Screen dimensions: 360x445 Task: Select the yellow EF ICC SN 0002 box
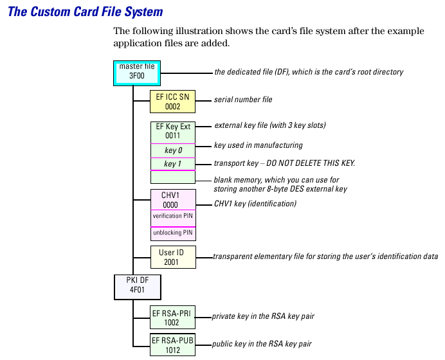pos(172,102)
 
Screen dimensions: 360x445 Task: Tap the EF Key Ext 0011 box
pos(172,131)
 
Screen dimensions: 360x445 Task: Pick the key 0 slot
pos(172,150)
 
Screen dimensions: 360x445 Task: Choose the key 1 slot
pos(172,164)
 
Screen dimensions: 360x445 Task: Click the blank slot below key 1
pos(172,177)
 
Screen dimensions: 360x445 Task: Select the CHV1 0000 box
pos(172,199)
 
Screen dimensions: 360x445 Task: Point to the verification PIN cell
pos(172,217)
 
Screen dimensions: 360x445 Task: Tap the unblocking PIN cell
pos(172,233)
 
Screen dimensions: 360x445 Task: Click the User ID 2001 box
pos(172,257)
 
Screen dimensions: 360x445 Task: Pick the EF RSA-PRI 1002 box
pos(172,318)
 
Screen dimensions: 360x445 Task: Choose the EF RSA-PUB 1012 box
pos(172,345)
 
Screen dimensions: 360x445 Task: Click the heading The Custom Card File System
pos(85,12)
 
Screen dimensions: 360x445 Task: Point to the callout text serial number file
pos(243,100)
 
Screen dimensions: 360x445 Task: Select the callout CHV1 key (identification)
pos(255,203)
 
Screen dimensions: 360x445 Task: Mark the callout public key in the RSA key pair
pos(261,344)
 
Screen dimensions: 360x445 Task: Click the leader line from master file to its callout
pos(186,73)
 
